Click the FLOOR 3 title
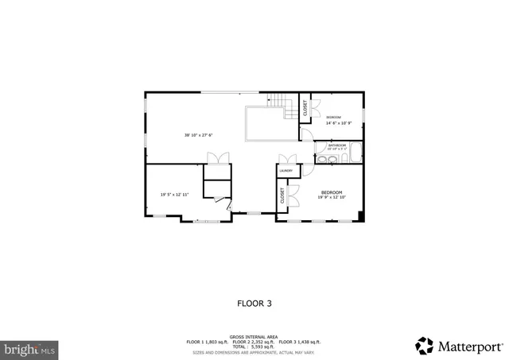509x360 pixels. pos(254,303)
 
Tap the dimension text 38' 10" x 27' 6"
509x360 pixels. pos(198,135)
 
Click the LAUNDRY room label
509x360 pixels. pos(286,171)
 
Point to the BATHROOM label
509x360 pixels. pos(337,145)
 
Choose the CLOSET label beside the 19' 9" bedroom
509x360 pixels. pos(282,195)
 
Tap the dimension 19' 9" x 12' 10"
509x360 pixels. pos(332,198)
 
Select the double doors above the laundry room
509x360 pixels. pos(286,159)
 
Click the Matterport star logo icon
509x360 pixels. pos(425,346)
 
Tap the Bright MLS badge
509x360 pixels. pos(30,348)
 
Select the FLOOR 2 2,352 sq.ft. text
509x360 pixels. pos(254,342)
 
